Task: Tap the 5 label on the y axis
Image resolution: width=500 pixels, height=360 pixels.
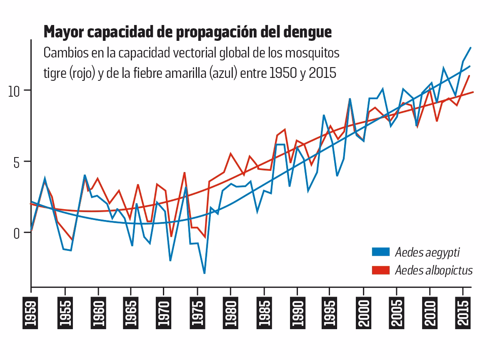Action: click(17, 162)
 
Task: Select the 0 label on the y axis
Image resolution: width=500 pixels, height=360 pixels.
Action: click(17, 232)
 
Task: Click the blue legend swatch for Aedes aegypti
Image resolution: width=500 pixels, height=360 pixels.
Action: click(380, 252)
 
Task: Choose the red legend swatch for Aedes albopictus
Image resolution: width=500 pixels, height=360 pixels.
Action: click(380, 270)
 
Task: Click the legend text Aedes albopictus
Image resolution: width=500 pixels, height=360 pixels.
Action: click(434, 270)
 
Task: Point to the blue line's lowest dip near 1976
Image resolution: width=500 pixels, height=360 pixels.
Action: click(204, 273)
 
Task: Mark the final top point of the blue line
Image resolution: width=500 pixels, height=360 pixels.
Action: click(470, 48)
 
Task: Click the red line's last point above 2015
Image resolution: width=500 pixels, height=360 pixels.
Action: click(470, 76)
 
